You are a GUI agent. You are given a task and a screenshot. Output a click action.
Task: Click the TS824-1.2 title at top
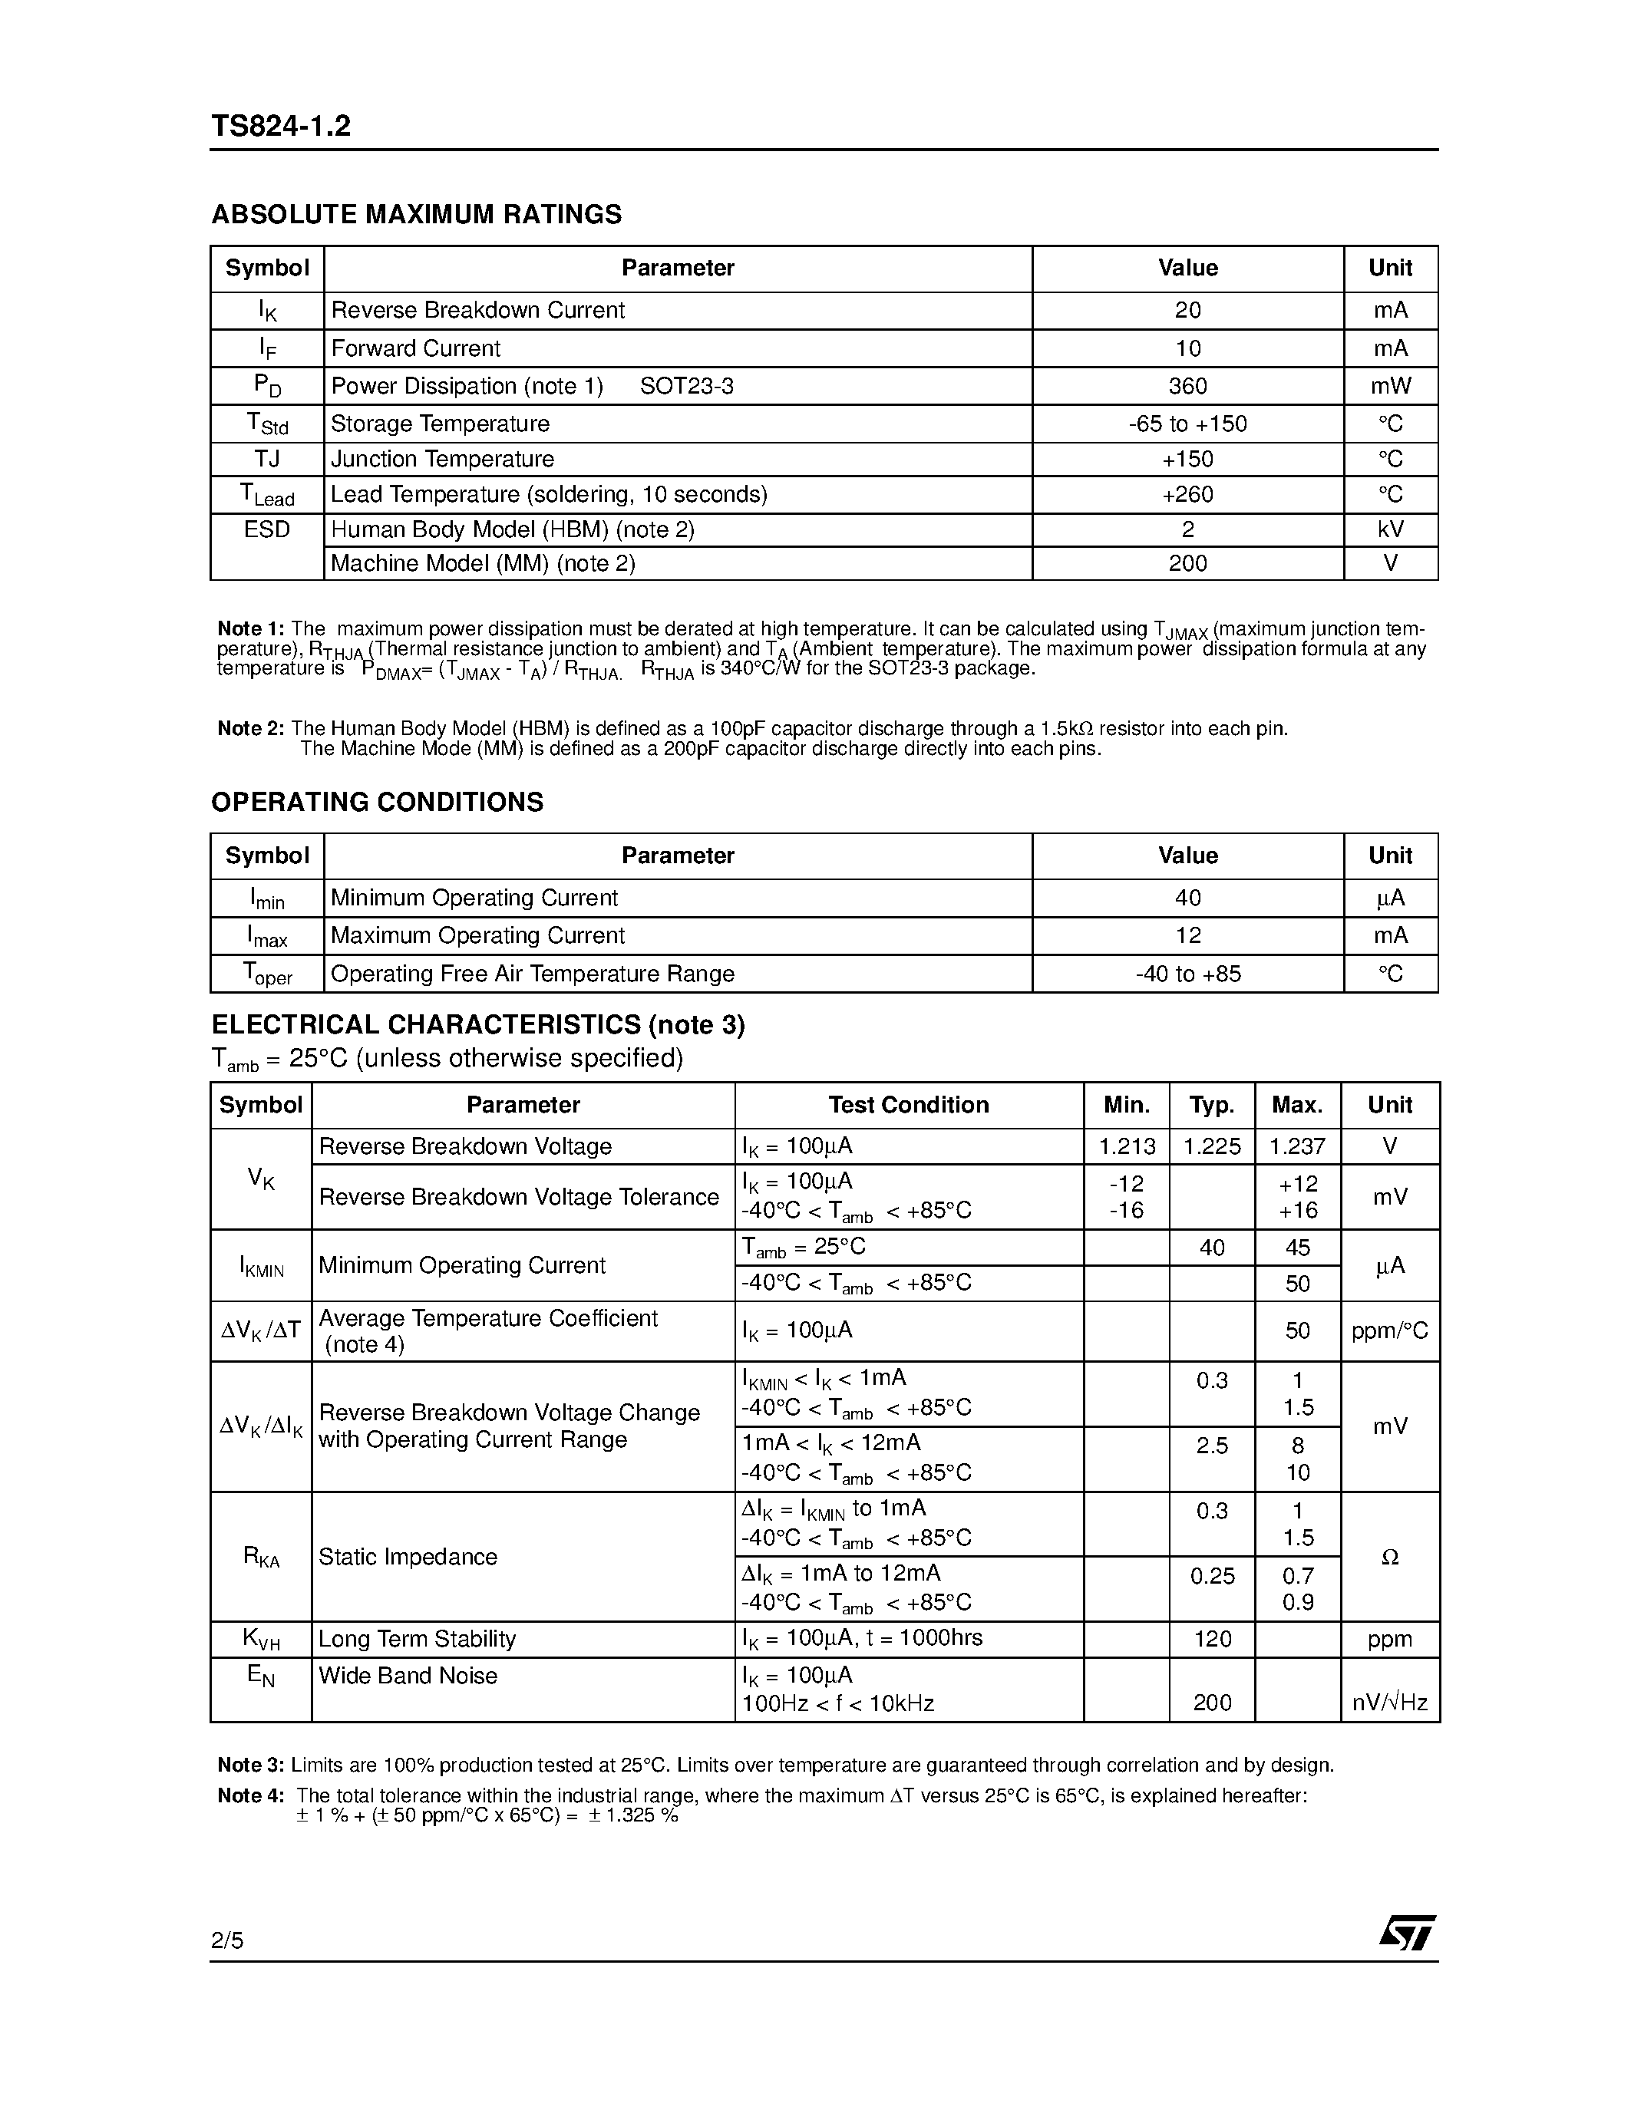coord(280,127)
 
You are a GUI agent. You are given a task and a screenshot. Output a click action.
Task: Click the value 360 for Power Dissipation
coord(1187,387)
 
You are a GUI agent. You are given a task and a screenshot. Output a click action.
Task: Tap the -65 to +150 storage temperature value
coord(1187,424)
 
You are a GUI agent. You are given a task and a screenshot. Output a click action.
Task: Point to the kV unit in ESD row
coord(1389,529)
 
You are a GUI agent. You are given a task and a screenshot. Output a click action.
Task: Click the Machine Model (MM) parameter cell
coord(483,563)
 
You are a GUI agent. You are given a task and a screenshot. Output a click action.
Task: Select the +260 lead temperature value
coord(1187,495)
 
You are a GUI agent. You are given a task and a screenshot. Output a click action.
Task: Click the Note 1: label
coord(250,629)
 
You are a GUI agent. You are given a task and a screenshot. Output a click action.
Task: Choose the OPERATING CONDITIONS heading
coord(377,802)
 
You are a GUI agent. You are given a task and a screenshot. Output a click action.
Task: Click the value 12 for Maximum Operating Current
coord(1187,935)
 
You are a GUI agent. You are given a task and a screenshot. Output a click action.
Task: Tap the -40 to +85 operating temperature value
coord(1187,974)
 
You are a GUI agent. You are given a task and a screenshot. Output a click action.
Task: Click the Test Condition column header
coord(908,1105)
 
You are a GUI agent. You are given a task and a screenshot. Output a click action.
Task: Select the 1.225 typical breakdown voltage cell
coord(1212,1147)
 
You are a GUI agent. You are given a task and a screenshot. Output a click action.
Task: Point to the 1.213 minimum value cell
coord(1127,1147)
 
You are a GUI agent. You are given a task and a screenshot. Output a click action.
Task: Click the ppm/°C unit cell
coord(1389,1331)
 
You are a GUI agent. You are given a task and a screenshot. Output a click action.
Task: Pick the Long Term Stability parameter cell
coord(418,1639)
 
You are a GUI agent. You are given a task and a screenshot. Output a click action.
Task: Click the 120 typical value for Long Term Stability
coord(1212,1639)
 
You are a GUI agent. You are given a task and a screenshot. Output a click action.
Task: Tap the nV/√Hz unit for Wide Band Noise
coord(1389,1703)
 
